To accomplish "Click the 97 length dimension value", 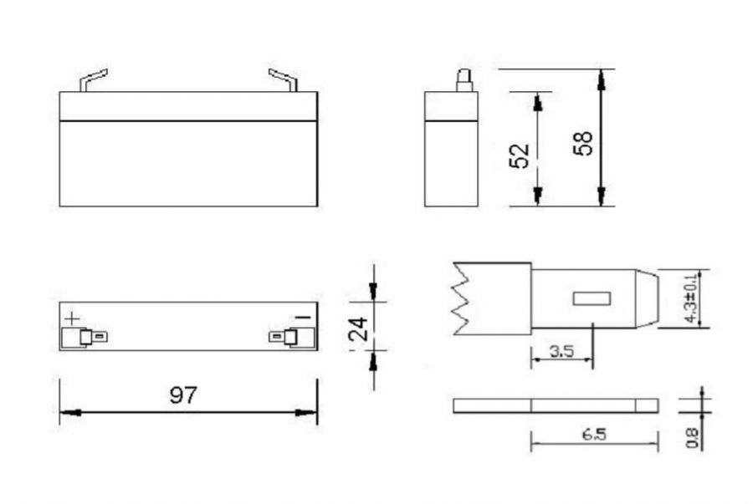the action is coord(183,395).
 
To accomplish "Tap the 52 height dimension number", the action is coord(519,155).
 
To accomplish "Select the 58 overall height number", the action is coord(583,143).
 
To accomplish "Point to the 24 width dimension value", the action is coord(358,328).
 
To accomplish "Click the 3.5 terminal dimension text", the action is coord(562,352).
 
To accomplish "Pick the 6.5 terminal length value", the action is coord(595,435).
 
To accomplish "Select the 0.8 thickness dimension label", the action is coord(692,438).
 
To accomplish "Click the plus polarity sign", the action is coord(72,318).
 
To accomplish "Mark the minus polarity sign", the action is coord(304,318).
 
